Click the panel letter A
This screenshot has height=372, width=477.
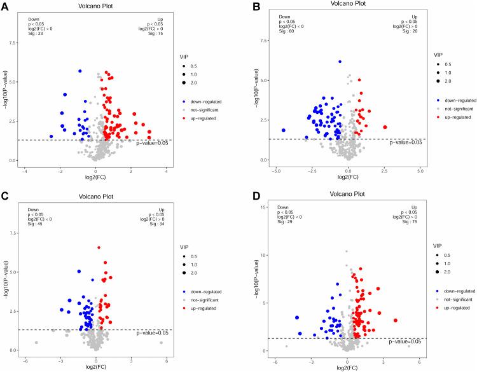4,6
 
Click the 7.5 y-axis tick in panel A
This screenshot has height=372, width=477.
13,43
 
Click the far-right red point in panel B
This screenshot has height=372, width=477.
385,127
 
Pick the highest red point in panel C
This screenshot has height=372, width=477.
99,247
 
